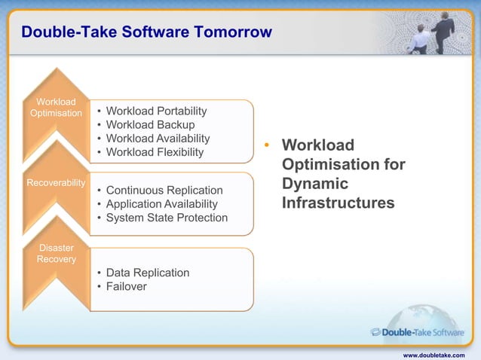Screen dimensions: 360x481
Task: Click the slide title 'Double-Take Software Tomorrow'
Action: pyautogui.click(x=146, y=32)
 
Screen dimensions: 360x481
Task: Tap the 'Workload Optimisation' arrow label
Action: pyautogui.click(x=56, y=108)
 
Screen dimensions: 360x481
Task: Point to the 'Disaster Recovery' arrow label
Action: pyautogui.click(x=57, y=254)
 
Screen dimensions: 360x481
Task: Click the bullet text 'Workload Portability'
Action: pyautogui.click(x=156, y=111)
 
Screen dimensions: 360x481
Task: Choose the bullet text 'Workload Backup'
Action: pyautogui.click(x=150, y=125)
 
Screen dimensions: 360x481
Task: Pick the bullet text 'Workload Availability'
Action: pyautogui.click(x=158, y=139)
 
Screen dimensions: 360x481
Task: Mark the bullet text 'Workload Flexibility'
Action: pyautogui.click(x=155, y=152)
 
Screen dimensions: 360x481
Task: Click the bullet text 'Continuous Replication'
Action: pyautogui.click(x=164, y=191)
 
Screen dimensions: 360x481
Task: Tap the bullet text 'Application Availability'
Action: pyautogui.click(x=161, y=204)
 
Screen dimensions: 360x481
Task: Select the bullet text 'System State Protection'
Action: pyautogui.click(x=167, y=218)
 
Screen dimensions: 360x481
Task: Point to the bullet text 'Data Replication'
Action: pyautogui.click(x=148, y=273)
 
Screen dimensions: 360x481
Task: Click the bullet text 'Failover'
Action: pyautogui.click(x=127, y=286)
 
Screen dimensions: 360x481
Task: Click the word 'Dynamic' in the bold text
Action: pyautogui.click(x=315, y=184)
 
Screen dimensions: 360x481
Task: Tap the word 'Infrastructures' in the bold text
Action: pyautogui.click(x=338, y=203)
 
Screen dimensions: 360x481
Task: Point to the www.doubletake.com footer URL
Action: pyautogui.click(x=434, y=354)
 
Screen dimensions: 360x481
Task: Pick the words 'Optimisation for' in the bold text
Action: pyautogui.click(x=343, y=164)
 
